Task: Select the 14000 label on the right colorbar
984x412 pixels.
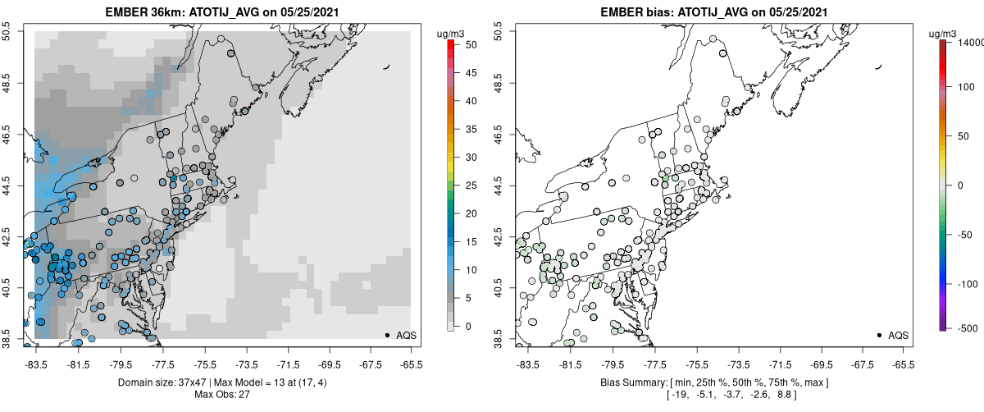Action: (x=970, y=41)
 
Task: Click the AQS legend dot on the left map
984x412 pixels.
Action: (x=387, y=335)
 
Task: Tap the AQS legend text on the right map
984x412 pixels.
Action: (x=898, y=335)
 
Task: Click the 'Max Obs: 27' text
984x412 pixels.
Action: (x=223, y=395)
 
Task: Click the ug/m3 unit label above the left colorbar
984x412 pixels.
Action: (x=451, y=33)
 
